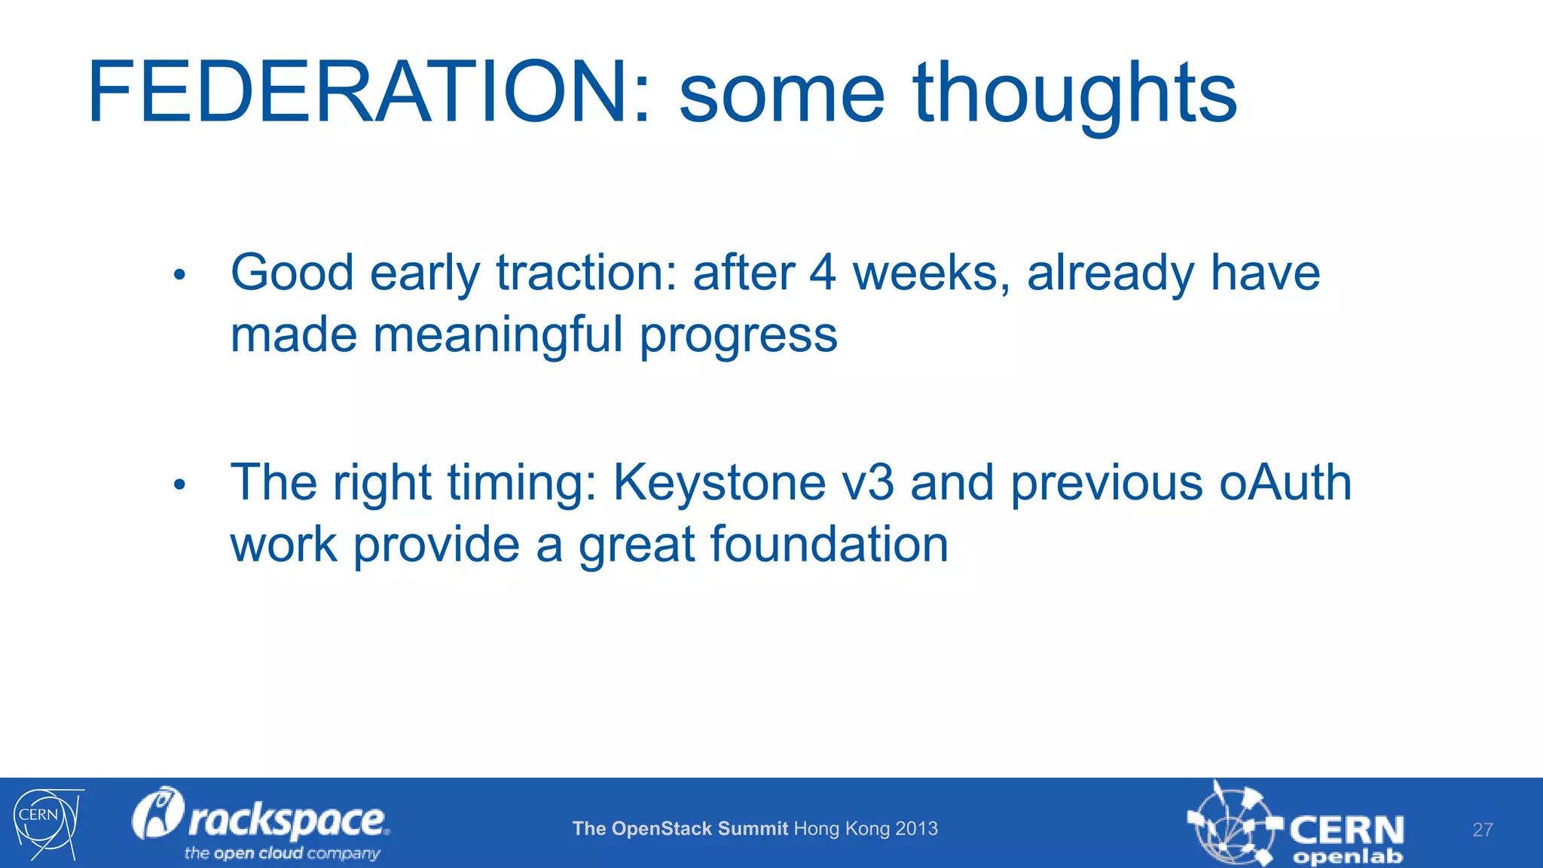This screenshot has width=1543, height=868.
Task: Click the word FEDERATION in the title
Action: [359, 93]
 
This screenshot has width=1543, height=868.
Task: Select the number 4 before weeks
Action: [823, 273]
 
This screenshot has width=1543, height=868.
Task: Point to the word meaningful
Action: [498, 335]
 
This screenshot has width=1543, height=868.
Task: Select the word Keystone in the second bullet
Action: [720, 484]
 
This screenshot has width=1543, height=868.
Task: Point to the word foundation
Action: [829, 545]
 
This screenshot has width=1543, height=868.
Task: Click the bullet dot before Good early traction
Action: [179, 275]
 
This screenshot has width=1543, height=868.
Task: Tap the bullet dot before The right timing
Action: [179, 484]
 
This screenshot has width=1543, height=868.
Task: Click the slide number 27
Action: [1482, 830]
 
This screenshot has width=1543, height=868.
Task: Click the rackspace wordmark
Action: [286, 820]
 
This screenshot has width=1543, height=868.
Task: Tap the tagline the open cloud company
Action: [282, 854]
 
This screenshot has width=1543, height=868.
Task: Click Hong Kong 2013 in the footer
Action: [866, 829]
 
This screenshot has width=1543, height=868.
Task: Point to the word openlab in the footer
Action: [1347, 857]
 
